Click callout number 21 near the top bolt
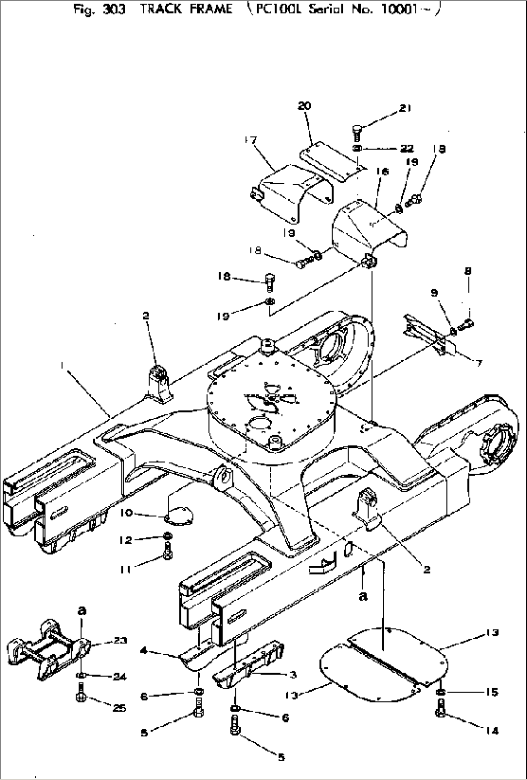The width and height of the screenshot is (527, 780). pos(405,108)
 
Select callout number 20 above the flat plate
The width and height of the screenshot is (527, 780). pos(305,106)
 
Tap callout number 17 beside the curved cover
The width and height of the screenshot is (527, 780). pos(250,141)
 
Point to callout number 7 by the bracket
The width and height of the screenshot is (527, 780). pos(478,363)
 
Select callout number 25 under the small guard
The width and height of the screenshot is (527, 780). pos(119,708)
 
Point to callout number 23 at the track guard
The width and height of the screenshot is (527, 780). pos(120,640)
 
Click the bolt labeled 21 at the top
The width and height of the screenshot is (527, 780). pos(357,132)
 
